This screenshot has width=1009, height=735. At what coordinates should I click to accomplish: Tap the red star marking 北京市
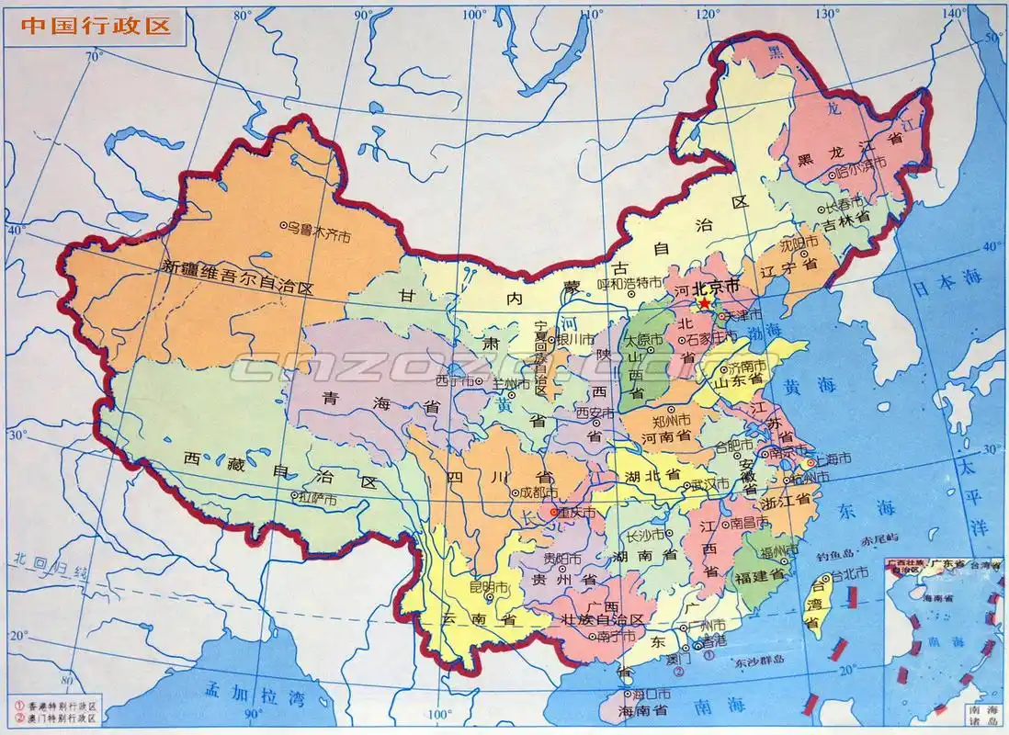704,302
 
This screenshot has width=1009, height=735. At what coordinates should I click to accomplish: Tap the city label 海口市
644,692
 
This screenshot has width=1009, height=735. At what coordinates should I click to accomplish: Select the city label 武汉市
709,483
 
